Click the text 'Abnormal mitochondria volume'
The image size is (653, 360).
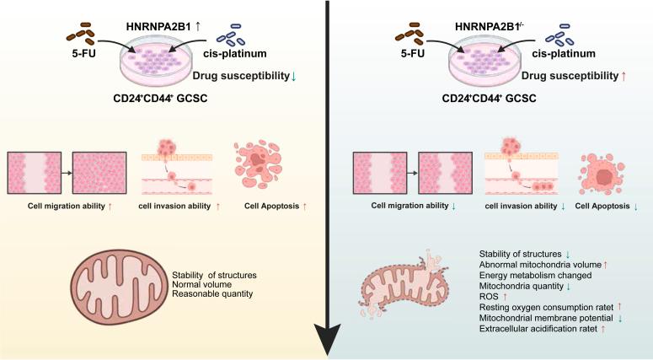(538, 265)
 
